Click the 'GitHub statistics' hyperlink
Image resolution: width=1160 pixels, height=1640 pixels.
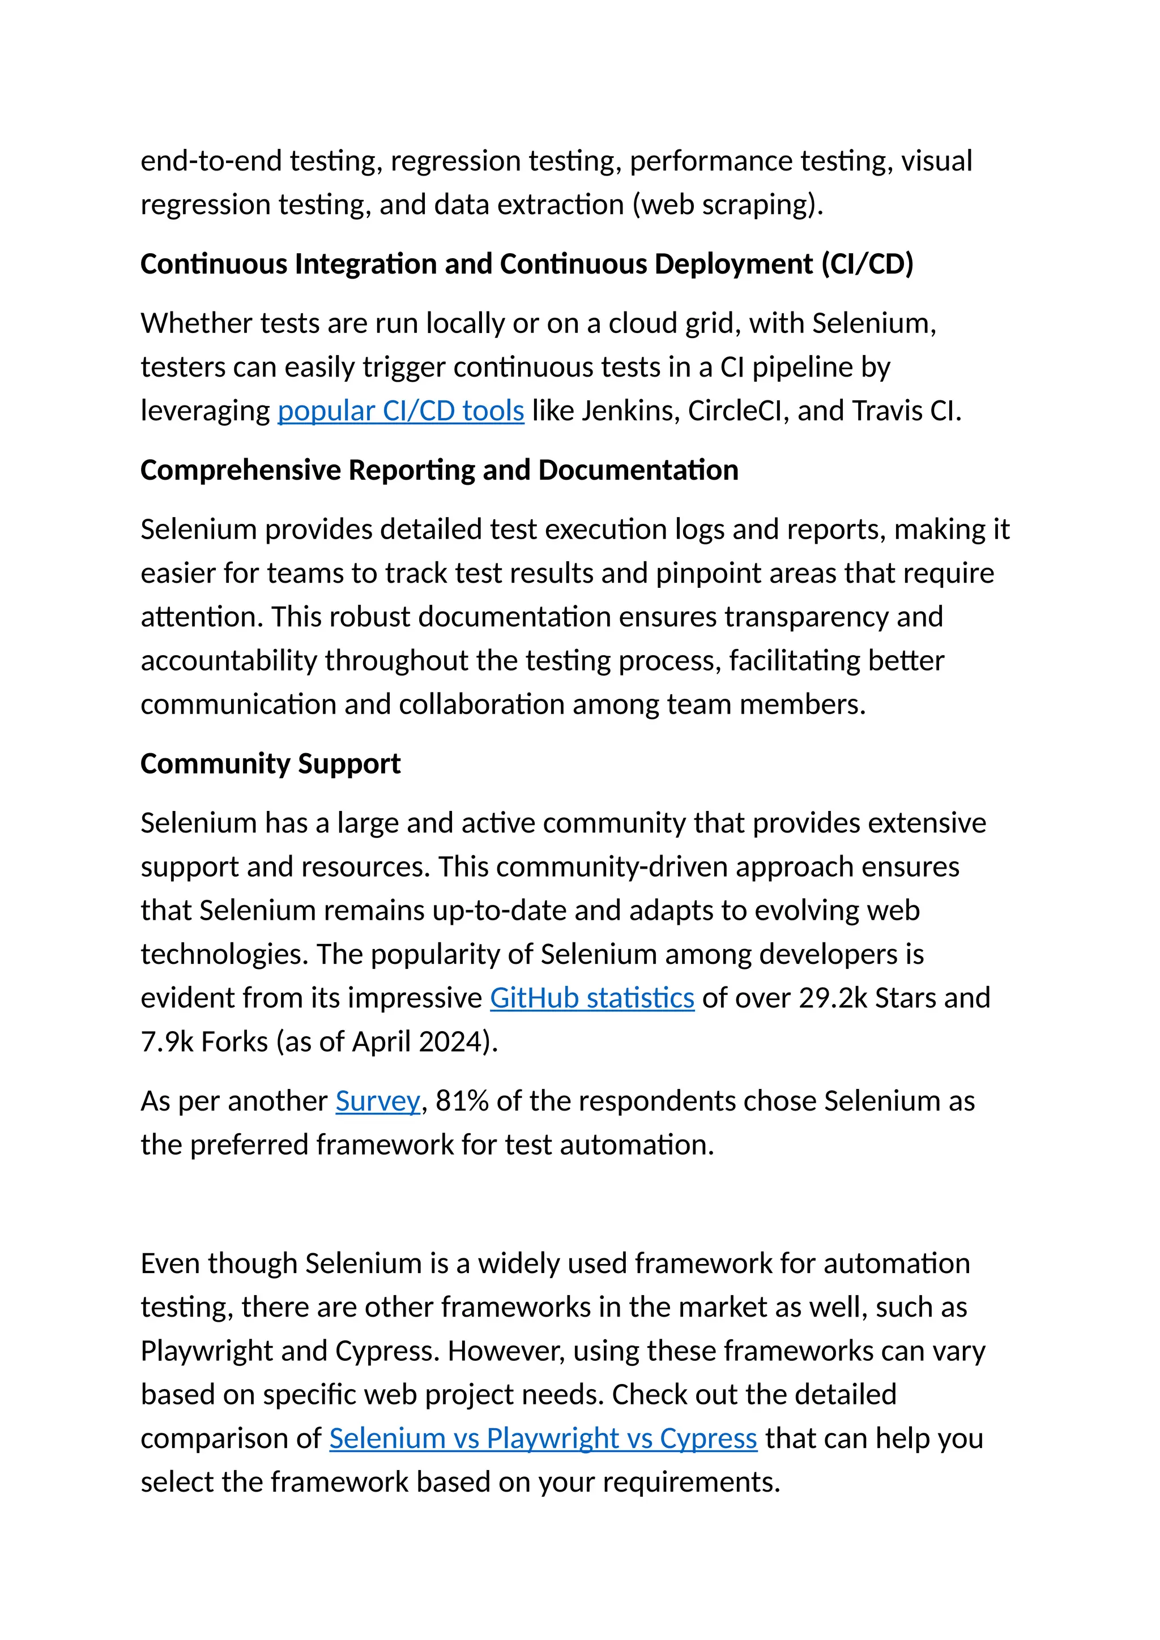click(591, 998)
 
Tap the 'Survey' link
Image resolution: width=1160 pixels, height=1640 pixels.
click(378, 1101)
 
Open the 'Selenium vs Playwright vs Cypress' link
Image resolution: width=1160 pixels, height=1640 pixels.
click(543, 1438)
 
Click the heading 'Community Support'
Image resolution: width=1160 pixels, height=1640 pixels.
click(270, 763)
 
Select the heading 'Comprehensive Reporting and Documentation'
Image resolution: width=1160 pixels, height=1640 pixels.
click(440, 470)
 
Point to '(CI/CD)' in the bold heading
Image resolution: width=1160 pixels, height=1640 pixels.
click(867, 264)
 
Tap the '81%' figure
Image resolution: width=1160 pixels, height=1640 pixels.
click(462, 1101)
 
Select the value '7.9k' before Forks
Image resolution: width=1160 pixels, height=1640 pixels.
click(167, 1041)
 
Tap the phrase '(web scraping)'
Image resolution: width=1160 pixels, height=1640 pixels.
click(728, 205)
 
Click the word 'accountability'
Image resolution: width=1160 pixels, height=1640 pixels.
click(229, 661)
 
